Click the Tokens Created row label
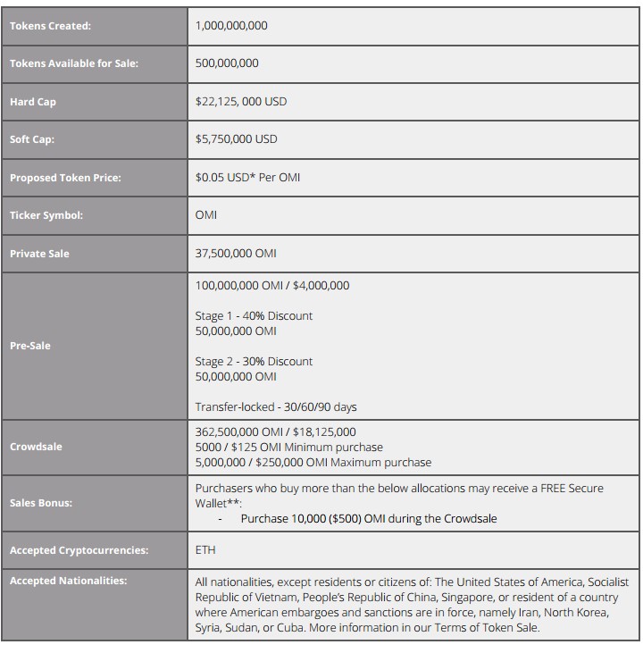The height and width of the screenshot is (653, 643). point(50,26)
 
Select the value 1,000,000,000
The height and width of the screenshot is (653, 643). point(231,26)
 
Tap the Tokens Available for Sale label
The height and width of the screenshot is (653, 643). point(74,63)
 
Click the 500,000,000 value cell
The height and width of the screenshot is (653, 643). point(227,63)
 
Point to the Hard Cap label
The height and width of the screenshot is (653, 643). point(33,102)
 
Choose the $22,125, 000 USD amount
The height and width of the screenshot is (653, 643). point(241,102)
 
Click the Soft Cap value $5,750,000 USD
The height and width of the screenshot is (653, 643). point(236,139)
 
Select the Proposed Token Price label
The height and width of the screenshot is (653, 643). point(65,178)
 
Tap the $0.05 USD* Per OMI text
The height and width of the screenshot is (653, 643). point(247,178)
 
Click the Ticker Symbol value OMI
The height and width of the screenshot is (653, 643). point(206,215)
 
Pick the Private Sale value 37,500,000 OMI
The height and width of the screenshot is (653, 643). point(236,254)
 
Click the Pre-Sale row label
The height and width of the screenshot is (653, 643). point(30,346)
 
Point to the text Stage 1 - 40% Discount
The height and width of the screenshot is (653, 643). point(254,316)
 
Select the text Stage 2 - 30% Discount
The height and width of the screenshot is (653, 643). point(254,362)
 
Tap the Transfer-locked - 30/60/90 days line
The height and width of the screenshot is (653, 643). point(276,407)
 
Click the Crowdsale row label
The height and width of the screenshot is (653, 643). point(36,447)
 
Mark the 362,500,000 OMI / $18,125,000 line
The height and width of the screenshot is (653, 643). point(276,432)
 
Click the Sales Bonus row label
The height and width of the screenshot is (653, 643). point(41,503)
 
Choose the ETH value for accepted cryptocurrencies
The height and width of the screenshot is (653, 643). point(205,550)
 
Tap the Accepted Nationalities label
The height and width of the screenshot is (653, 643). point(69,581)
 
